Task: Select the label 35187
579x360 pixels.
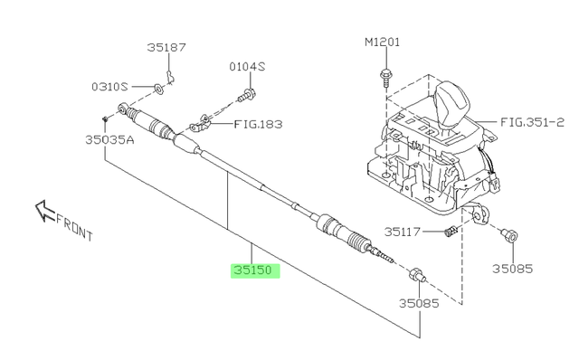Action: [x=166, y=47]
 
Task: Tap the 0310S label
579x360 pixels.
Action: [x=109, y=87]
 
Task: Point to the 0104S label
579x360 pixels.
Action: [x=247, y=67]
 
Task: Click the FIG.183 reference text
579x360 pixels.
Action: [x=259, y=124]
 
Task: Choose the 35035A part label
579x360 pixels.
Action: [x=109, y=140]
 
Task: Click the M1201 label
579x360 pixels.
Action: [x=382, y=43]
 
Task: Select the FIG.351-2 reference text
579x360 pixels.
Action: [x=533, y=122]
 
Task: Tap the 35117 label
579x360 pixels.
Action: [x=403, y=232]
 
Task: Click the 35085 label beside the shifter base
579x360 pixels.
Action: [x=513, y=269]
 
